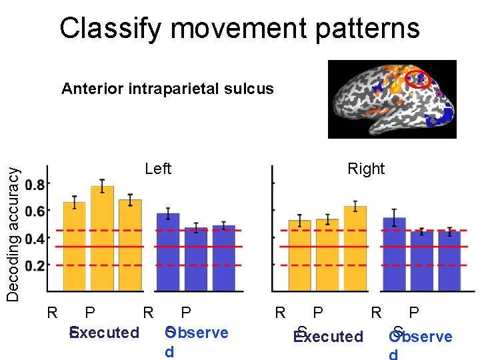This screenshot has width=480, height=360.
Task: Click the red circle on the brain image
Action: pos(419,79)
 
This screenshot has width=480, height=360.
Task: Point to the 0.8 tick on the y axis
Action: pos(37,184)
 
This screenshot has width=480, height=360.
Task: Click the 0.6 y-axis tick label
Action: pos(37,211)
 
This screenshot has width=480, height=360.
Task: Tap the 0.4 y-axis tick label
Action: pos(37,238)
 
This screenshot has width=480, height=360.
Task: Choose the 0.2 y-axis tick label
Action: pos(37,265)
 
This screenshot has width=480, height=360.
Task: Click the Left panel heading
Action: pos(158,169)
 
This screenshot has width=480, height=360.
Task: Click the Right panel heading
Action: pos(366,169)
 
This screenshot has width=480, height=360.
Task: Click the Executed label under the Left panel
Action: pos(105,333)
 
